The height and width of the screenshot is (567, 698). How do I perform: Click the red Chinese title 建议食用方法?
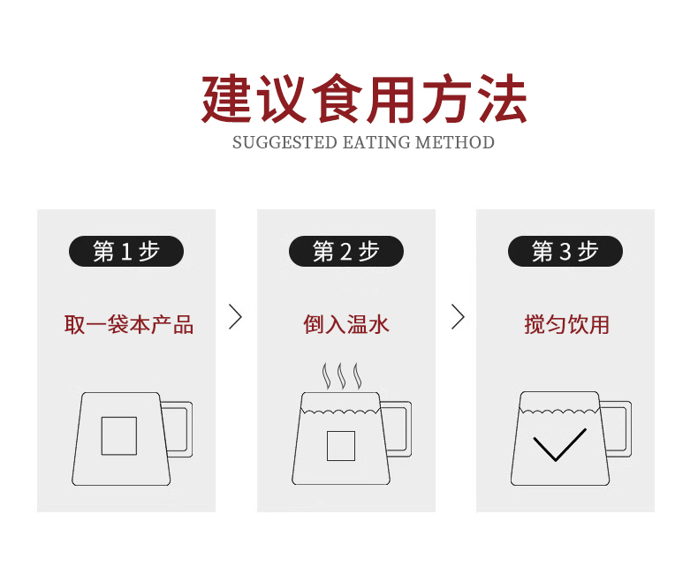363,99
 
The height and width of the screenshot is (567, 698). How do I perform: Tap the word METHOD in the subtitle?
455,142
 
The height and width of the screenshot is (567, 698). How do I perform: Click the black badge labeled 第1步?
126,252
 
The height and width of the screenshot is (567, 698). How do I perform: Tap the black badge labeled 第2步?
345,252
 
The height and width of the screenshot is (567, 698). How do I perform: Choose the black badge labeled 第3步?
565,252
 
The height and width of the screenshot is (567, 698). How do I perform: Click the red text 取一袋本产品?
128,324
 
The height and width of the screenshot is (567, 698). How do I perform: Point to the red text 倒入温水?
345,324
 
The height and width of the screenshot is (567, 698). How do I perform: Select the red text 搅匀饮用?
566,324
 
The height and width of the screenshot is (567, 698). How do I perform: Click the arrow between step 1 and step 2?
235,316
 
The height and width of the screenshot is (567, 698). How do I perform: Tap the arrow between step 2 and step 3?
457,316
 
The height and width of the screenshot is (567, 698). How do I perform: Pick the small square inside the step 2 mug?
340,445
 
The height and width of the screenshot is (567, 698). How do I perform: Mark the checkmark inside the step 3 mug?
559,445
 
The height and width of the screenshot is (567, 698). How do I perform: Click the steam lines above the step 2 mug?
340,376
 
